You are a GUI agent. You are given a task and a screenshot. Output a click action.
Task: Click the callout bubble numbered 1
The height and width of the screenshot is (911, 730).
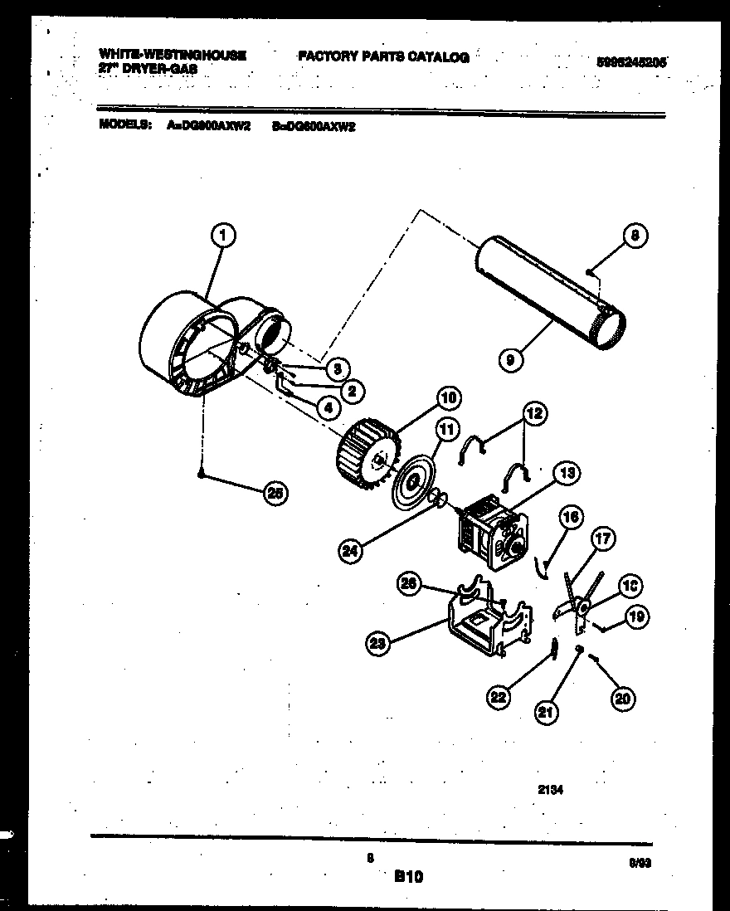point(220,236)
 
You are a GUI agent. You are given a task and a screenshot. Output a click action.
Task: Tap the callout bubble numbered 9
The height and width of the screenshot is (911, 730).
point(513,360)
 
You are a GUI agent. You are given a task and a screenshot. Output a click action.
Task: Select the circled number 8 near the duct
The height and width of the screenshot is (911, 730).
point(635,236)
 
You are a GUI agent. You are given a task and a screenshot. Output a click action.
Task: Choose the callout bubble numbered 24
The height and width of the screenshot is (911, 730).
point(351,549)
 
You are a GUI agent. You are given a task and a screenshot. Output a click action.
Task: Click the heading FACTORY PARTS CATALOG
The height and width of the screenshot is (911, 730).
point(383,57)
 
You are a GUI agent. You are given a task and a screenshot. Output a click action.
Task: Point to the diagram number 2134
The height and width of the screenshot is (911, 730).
point(551,791)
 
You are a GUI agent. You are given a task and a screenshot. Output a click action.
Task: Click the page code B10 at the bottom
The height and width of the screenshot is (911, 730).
point(407,875)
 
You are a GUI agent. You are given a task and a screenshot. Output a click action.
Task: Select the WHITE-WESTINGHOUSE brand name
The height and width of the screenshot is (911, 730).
point(172,55)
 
